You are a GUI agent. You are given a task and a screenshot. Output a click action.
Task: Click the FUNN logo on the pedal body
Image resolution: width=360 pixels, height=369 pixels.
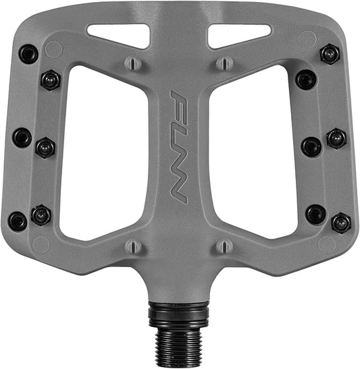(178, 146)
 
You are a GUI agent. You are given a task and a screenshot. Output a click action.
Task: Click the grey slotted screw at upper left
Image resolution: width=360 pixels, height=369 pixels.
(133, 63)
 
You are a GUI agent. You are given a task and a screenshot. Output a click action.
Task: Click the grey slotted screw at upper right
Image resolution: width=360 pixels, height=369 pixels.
(224, 63)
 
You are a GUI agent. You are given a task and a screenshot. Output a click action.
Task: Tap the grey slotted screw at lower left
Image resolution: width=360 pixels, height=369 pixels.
(134, 246)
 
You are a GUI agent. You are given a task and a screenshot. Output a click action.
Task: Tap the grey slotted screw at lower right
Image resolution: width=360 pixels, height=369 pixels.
(225, 246)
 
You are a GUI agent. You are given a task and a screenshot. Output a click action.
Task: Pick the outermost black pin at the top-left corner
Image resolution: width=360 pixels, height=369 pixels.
(28, 54)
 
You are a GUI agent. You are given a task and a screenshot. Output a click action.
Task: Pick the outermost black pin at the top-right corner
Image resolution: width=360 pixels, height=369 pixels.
(330, 54)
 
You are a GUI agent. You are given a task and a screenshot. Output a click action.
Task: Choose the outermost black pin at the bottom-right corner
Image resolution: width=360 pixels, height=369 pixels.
(341, 222)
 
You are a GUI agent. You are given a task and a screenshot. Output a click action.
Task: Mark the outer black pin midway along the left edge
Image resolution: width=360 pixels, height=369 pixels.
(22, 138)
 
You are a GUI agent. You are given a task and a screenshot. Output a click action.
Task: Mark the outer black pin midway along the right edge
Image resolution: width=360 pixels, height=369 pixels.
(336, 139)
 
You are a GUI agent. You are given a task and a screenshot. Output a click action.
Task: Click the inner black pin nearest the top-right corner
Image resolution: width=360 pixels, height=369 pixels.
(306, 80)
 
